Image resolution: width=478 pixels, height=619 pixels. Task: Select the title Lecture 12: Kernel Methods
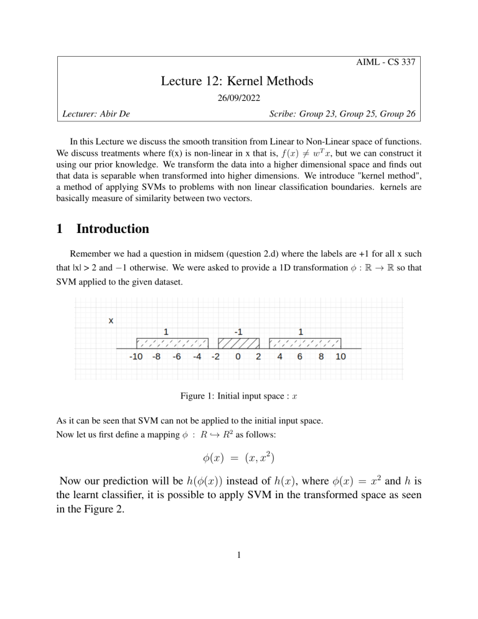[x=239, y=80]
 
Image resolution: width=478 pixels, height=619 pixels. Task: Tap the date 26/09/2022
[x=239, y=98]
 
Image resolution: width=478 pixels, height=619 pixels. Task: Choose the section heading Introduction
[x=113, y=229]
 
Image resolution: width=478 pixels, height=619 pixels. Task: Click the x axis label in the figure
[x=111, y=321]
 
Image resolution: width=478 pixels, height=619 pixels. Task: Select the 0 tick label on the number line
[x=238, y=358]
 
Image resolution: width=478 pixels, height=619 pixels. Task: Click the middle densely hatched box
[x=238, y=343]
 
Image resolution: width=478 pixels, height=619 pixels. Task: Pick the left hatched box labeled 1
[x=172, y=343]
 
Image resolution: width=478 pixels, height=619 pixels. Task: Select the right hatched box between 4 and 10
[x=305, y=343]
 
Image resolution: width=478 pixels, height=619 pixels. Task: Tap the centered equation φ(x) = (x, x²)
[x=239, y=461]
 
